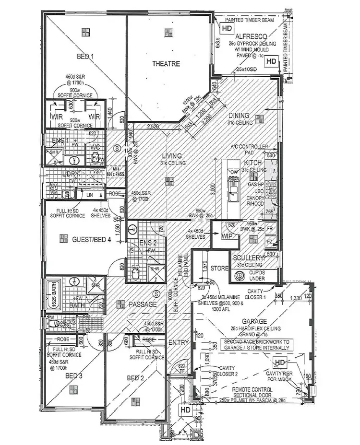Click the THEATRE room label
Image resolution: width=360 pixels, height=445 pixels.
coord(166,64)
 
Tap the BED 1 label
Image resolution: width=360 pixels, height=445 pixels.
coord(85,57)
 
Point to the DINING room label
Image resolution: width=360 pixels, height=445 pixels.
coord(239,116)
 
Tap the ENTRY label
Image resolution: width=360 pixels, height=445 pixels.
coord(178,343)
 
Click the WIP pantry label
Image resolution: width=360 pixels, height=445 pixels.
coord(227,236)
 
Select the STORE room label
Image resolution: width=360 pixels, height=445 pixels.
coord(220,269)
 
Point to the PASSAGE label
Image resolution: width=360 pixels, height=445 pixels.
coord(142,304)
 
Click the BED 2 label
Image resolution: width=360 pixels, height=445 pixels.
coord(136,379)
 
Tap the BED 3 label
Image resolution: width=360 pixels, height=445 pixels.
coord(74,376)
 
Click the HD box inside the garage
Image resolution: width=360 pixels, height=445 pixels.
coord(280,363)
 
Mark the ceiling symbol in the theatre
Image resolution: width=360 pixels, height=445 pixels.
coord(168,32)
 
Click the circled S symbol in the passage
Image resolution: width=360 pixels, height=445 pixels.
coord(156,293)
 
